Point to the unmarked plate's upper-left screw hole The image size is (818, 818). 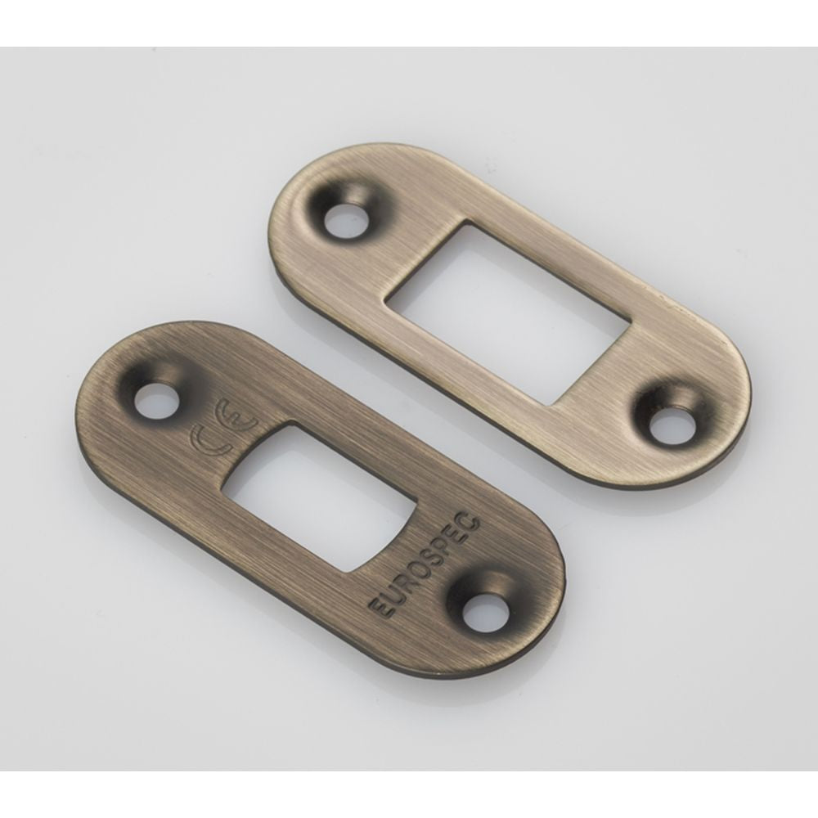pyautogui.click(x=346, y=216)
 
